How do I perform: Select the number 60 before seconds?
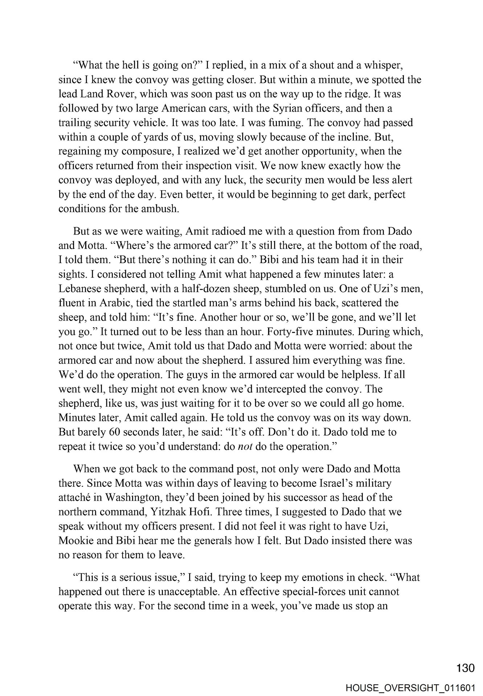click(114, 432)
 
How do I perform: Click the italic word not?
click(242, 447)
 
